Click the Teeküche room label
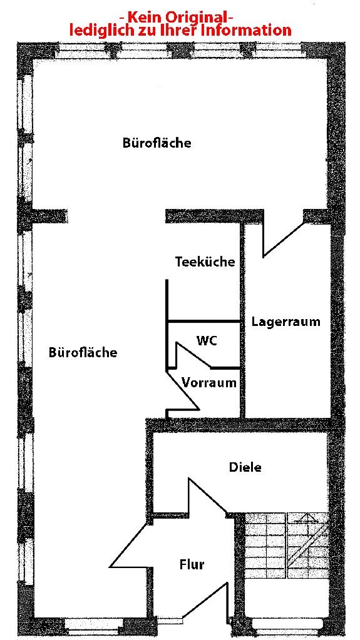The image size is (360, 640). click(x=205, y=262)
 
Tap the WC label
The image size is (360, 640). click(x=207, y=340)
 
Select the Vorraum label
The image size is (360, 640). click(x=209, y=383)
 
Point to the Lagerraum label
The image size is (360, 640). click(x=285, y=322)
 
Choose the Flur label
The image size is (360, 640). click(x=192, y=565)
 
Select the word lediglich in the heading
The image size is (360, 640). click(x=96, y=31)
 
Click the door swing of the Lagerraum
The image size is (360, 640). click(x=282, y=240)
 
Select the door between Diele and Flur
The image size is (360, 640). click(x=207, y=496)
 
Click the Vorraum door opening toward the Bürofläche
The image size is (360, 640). click(x=183, y=391)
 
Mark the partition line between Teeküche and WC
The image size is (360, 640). click(x=203, y=321)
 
